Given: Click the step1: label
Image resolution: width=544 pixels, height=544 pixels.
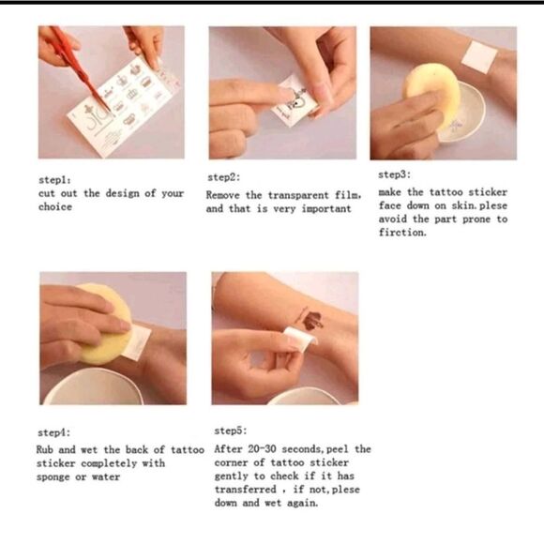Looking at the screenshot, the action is click(x=54, y=180).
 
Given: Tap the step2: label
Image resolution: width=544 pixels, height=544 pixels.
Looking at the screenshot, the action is click(x=224, y=177).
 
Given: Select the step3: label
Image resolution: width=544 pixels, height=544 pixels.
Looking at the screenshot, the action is click(x=395, y=174).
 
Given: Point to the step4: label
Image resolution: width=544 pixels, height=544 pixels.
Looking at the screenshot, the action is click(x=53, y=432).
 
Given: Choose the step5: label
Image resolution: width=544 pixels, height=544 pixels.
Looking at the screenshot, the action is click(x=231, y=431).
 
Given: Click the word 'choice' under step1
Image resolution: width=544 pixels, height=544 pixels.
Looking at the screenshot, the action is click(x=55, y=206).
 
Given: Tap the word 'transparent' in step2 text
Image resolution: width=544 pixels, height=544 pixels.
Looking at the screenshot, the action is click(x=298, y=195).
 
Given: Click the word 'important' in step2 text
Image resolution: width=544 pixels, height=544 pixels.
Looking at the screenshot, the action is click(x=326, y=209).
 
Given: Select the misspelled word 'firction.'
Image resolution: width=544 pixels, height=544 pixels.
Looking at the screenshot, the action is click(x=402, y=232).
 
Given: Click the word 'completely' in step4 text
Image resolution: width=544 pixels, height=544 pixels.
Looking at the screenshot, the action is click(x=109, y=464).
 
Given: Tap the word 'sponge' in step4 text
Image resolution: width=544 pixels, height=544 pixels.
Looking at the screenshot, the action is click(x=53, y=477).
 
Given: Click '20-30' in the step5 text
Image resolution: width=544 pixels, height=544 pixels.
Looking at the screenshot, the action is click(x=262, y=449).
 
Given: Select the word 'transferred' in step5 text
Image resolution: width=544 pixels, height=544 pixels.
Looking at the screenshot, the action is click(x=245, y=490).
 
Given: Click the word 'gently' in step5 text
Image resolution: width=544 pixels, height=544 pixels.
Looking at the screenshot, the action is click(x=231, y=476).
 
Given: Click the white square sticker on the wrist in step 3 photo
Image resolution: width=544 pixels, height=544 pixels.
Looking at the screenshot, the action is click(x=479, y=57).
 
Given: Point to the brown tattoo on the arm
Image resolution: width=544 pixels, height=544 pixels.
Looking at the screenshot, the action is click(x=312, y=321).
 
